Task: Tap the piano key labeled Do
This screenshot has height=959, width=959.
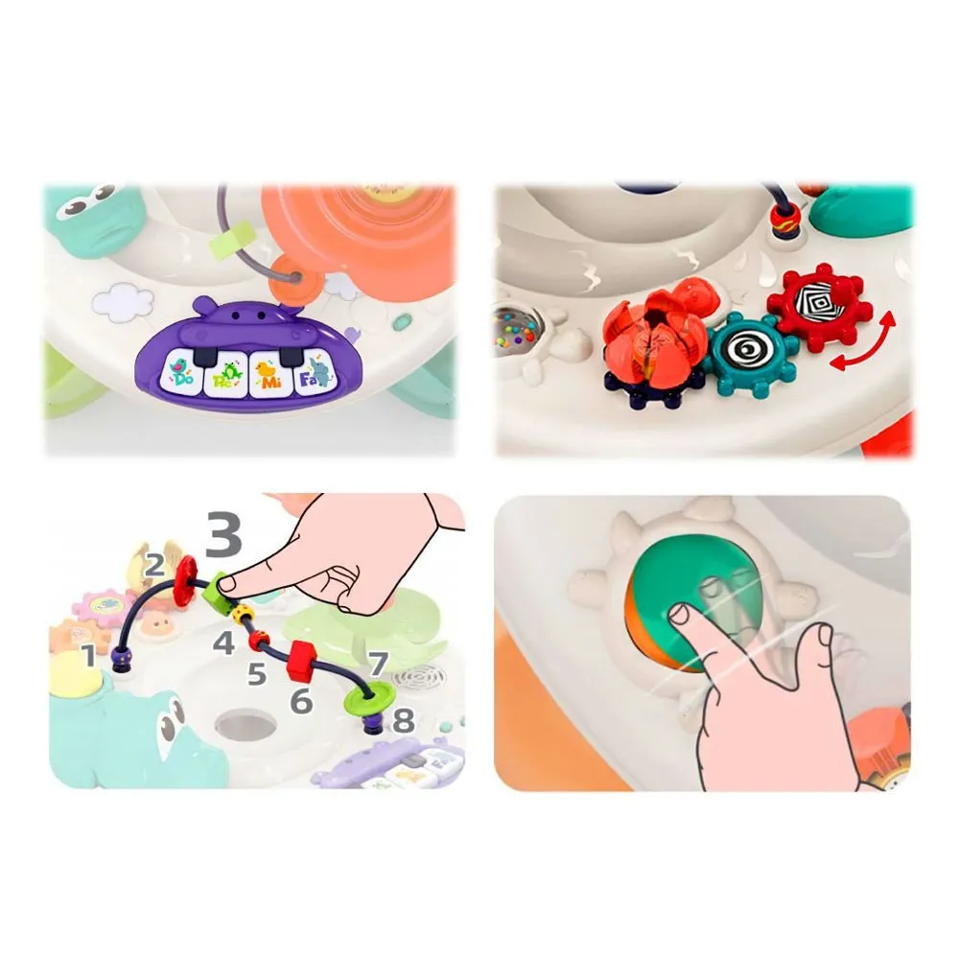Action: pos(181,374)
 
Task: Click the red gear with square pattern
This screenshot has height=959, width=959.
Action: pos(816,307)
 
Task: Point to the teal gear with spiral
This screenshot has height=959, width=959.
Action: pos(750,354)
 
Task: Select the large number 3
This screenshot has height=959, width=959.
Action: pos(223,534)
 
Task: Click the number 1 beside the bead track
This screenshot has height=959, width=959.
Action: pos(90,656)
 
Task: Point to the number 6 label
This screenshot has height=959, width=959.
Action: pos(301,701)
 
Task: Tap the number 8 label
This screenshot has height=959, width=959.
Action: pos(403,720)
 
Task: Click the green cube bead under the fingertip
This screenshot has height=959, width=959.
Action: pos(217,590)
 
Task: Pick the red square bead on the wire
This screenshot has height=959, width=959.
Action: pos(301,661)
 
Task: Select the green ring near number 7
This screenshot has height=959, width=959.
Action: pos(368,697)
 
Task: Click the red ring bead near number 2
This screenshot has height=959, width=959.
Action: pos(185,577)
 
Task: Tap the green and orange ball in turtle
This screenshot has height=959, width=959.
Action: pos(693,603)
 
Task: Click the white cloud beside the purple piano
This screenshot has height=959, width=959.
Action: pos(123,302)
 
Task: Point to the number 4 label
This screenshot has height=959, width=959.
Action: pos(223,643)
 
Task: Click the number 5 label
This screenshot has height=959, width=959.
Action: pos(257,674)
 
